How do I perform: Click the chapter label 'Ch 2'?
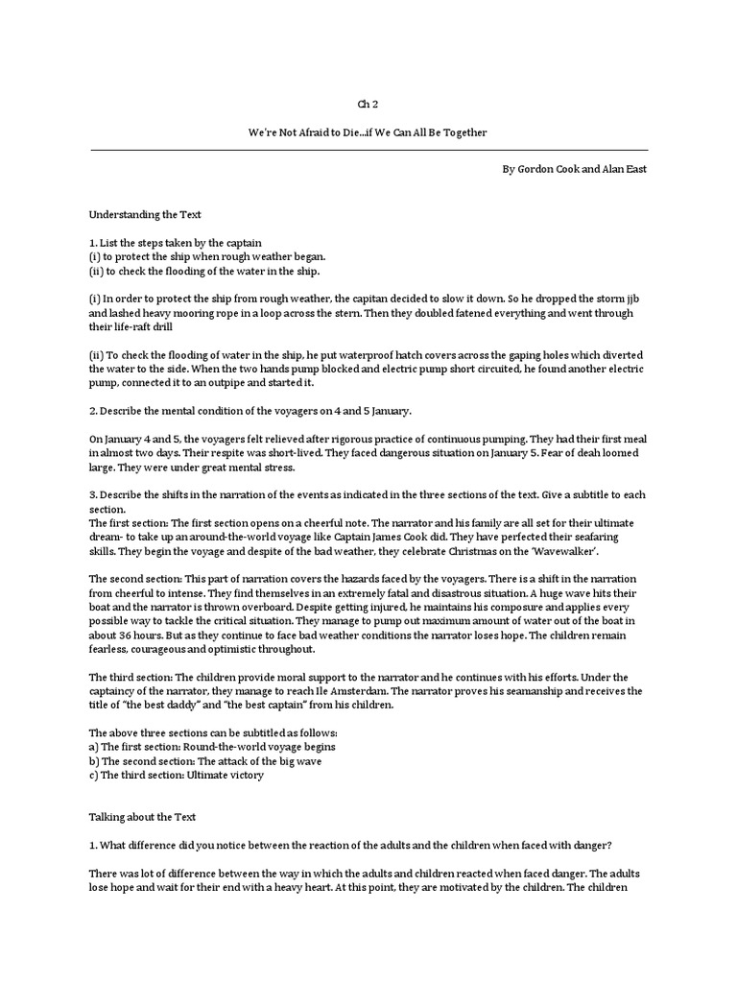368,103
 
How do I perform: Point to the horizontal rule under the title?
368,150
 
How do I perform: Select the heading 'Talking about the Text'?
142,817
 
